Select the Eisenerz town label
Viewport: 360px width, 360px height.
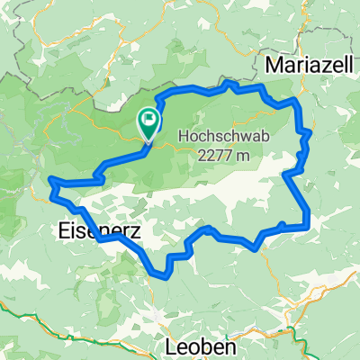88,231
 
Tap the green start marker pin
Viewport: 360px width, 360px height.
148,125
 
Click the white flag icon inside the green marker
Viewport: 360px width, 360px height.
148,120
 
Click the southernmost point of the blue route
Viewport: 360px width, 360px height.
162,273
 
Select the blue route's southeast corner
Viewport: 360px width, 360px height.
308,225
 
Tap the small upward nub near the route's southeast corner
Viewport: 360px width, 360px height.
283,224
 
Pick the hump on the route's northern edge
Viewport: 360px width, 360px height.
229,85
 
